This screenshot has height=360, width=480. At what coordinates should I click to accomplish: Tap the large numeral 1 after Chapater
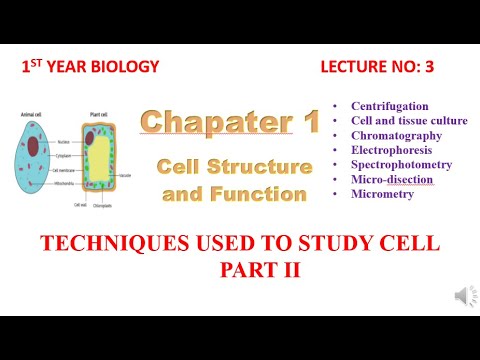(x=306, y=122)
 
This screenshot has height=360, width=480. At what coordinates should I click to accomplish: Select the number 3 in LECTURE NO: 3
(x=443, y=67)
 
